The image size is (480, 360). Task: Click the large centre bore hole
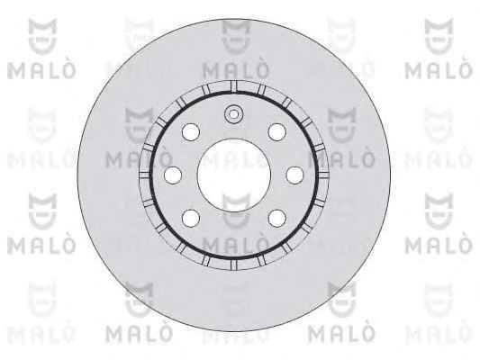234,175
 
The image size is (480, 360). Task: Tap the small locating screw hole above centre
233,114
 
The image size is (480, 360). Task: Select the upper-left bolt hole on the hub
191,132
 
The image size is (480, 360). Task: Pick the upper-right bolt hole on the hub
277,132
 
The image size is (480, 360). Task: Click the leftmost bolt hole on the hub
173,175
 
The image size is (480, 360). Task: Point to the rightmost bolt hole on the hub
294,175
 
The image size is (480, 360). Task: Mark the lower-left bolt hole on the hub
191,218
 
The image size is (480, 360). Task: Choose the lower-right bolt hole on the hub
277,218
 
